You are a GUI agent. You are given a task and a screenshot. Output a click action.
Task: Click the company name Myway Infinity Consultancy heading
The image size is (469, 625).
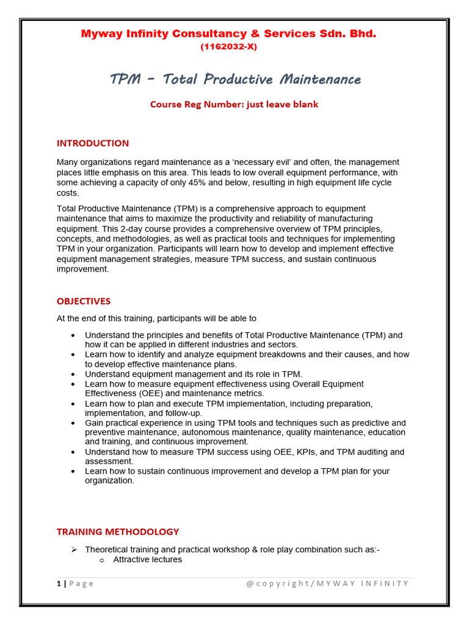[229, 34]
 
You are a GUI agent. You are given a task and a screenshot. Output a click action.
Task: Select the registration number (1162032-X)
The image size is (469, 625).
[229, 47]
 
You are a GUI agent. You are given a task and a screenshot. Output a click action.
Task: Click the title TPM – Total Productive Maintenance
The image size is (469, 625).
[235, 79]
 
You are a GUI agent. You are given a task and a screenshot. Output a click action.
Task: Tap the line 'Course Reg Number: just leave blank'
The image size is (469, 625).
[234, 104]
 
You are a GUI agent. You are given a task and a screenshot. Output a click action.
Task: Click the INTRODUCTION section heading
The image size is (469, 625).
[93, 143]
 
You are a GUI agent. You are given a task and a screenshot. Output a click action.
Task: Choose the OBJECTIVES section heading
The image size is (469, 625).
[84, 302]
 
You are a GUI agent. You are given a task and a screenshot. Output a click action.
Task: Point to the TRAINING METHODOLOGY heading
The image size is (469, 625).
[118, 532]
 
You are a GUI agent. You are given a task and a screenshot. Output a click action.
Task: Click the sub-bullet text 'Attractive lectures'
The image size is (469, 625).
[147, 559]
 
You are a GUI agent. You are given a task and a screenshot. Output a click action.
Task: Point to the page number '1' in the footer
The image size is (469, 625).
[59, 583]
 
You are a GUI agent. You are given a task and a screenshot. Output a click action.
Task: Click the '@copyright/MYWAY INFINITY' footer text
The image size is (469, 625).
[327, 583]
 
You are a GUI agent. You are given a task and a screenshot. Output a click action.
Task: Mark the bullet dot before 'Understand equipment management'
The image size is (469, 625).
[74, 374]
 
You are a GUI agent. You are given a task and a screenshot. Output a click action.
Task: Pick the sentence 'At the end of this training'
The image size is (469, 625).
[156, 319]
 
